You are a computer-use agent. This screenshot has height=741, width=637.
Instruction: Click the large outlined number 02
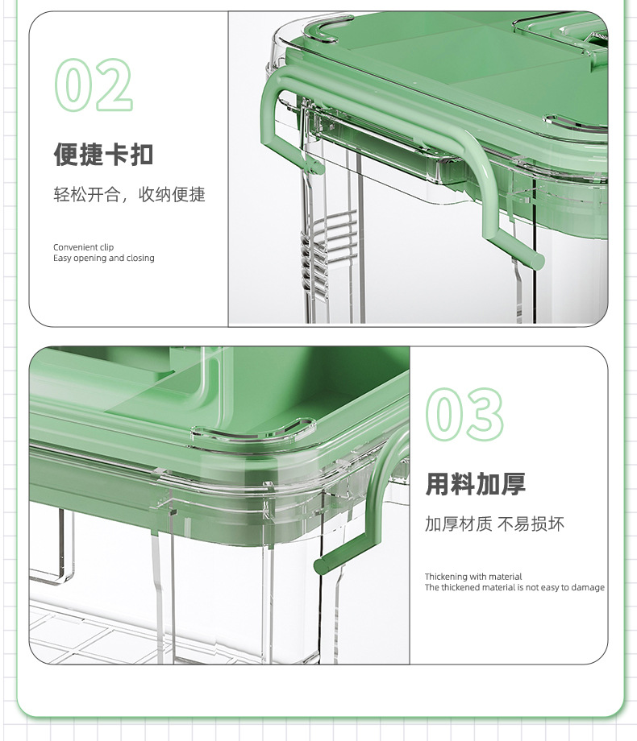click(x=94, y=85)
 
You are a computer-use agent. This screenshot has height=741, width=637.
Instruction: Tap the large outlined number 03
click(x=464, y=415)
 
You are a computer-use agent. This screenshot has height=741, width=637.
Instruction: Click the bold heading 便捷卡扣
click(x=103, y=155)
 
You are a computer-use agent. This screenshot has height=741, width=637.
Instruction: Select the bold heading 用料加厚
click(x=475, y=484)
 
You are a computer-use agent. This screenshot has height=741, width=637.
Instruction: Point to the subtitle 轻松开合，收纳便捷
click(x=129, y=194)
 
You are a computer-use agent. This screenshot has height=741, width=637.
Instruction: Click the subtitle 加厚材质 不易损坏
click(x=494, y=524)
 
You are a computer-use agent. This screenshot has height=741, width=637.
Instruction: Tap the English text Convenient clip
click(x=83, y=247)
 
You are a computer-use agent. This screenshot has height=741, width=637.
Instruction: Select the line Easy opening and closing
click(x=104, y=258)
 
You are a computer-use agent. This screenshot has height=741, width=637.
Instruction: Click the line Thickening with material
click(x=473, y=577)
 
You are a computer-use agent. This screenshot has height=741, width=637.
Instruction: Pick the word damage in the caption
click(x=588, y=587)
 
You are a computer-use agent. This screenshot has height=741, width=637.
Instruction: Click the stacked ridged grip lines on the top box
click(x=327, y=250)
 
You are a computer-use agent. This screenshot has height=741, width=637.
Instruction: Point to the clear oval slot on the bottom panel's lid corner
click(x=253, y=428)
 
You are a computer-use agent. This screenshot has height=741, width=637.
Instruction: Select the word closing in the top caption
click(x=140, y=258)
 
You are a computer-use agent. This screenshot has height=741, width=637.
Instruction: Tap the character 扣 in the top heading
click(x=141, y=155)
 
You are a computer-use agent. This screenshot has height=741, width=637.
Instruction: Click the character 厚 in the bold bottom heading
click(x=514, y=484)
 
